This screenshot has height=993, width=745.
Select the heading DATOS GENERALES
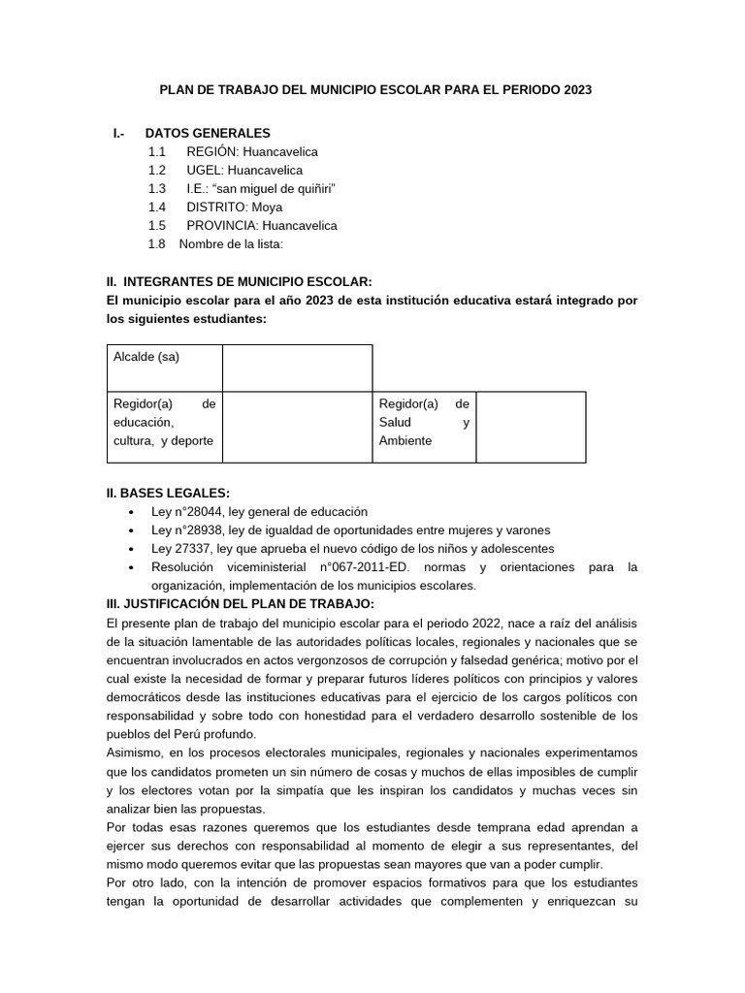coord(208,133)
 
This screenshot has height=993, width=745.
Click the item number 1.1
coord(157,151)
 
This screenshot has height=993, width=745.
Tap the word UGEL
coord(205,170)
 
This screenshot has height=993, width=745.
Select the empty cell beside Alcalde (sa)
coord(297,368)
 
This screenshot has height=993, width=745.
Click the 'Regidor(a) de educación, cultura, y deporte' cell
coord(164,423)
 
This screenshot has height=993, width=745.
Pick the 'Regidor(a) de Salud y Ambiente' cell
coord(424,423)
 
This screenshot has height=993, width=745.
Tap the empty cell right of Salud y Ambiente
coord(531,426)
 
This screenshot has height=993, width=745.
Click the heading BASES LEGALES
coord(175,493)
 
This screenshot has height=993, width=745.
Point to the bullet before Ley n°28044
coord(131,512)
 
